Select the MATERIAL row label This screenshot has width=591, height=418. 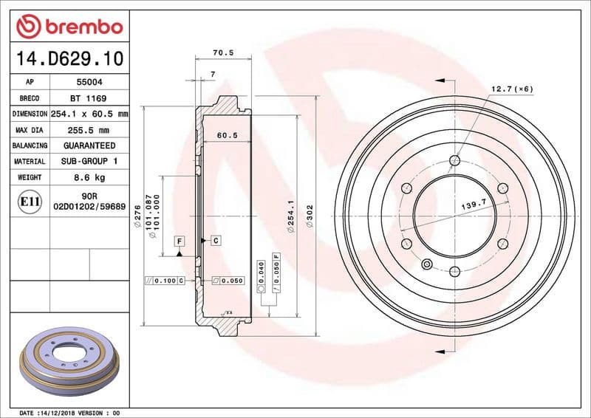point(30,161)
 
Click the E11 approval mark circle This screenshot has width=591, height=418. point(30,201)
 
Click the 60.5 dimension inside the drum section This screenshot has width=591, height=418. point(227,135)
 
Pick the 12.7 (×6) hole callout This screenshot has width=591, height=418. point(512,89)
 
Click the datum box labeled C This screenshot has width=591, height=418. point(216,241)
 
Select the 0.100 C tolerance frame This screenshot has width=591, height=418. point(165,281)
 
